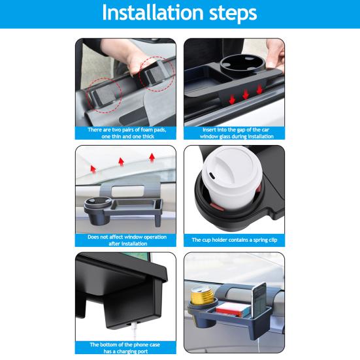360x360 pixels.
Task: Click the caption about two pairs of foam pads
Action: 126,133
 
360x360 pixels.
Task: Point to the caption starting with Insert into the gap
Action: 234,133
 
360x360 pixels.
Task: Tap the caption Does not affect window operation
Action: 126,240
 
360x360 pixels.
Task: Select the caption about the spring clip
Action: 234,240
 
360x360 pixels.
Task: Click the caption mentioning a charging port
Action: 126,347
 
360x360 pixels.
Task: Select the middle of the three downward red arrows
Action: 246,95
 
